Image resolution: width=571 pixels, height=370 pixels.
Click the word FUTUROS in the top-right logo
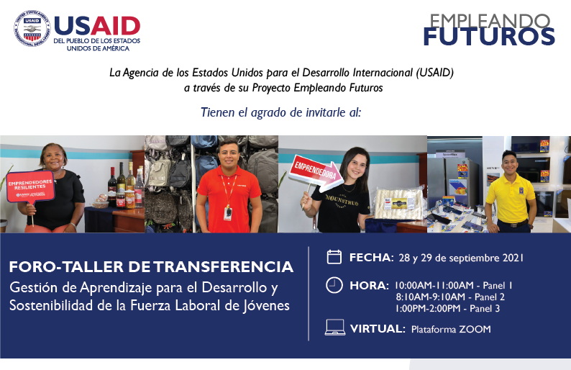pos(488,35)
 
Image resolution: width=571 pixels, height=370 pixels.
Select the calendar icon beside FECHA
pos(334,257)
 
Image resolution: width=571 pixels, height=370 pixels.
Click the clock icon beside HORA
pos(334,285)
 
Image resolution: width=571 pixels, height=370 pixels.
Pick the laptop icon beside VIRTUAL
pos(334,328)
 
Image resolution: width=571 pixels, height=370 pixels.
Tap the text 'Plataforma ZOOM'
pos(451,330)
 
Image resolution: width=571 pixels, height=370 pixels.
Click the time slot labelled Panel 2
pos(449,297)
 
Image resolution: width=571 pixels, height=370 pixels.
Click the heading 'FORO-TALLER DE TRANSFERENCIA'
pos(151,267)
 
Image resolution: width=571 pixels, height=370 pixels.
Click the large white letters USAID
pos(96,26)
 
